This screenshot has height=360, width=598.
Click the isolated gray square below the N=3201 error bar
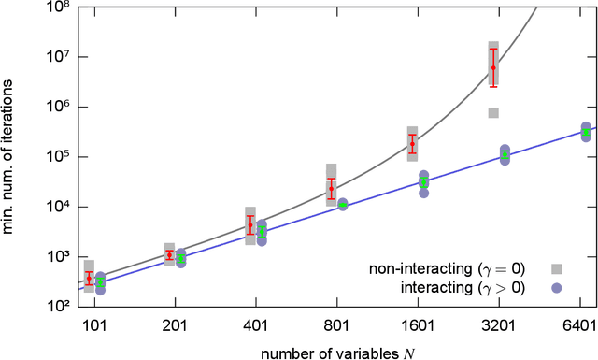point(493,113)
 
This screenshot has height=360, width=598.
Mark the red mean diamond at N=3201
point(493,67)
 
